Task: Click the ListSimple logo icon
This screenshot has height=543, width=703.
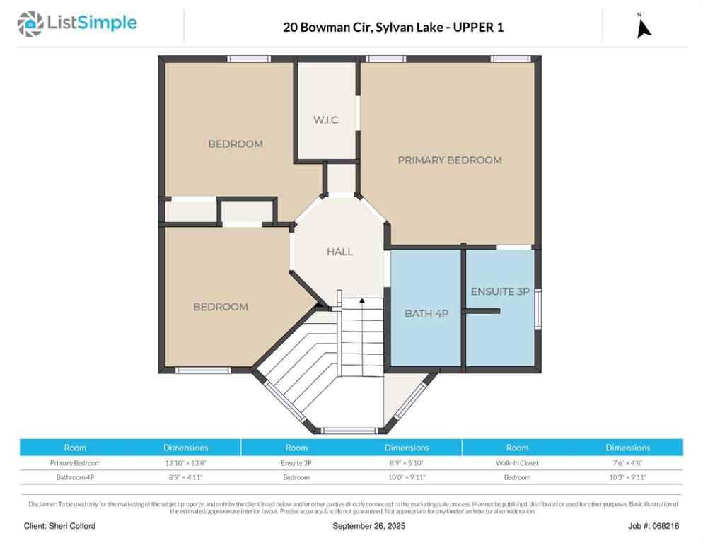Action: coord(30,24)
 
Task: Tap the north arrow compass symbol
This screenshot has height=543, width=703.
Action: coord(643,26)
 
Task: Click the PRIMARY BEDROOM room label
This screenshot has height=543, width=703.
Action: coord(449,160)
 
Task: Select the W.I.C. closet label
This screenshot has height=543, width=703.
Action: coord(326,119)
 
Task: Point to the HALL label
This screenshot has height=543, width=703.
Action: coord(339,252)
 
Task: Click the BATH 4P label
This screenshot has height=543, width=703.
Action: coord(426,313)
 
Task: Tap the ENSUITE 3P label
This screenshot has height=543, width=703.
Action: coord(500,291)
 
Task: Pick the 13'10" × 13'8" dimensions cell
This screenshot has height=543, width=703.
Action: coord(185,463)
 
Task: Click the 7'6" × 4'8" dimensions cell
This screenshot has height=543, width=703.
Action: coord(627,463)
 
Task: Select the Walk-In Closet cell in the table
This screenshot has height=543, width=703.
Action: coord(517,463)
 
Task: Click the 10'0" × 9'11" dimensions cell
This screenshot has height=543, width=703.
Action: coord(407,477)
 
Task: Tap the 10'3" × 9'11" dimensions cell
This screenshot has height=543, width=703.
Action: coord(627,477)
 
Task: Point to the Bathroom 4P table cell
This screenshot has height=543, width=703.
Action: coord(75,477)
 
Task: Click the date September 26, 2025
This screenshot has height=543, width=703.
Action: coord(369,527)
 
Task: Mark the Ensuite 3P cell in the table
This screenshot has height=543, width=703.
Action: coord(296,463)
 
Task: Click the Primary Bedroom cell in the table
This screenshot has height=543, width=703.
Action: coord(75,463)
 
